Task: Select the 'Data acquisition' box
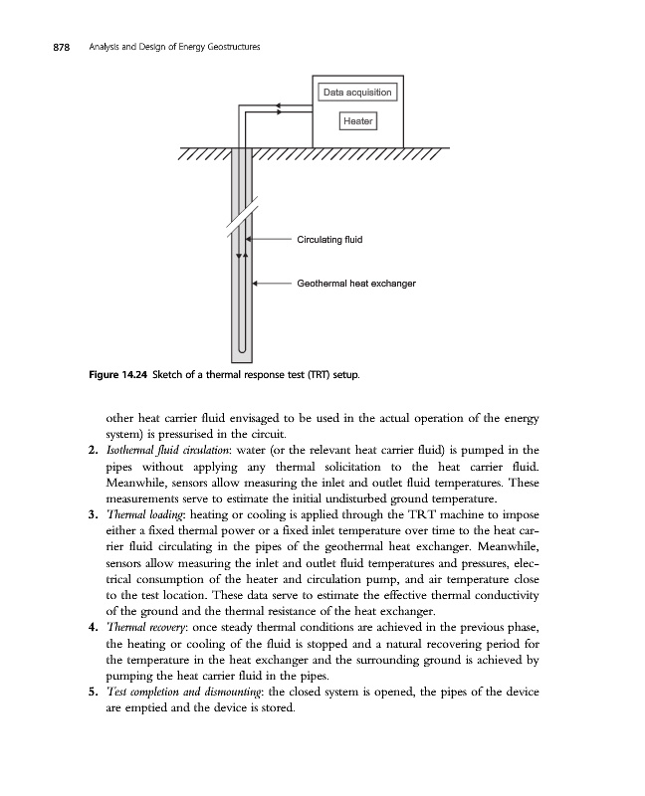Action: (x=358, y=93)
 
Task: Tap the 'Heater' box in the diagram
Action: (x=358, y=121)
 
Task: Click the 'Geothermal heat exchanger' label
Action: (x=355, y=283)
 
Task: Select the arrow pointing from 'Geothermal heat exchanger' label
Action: (x=271, y=283)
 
